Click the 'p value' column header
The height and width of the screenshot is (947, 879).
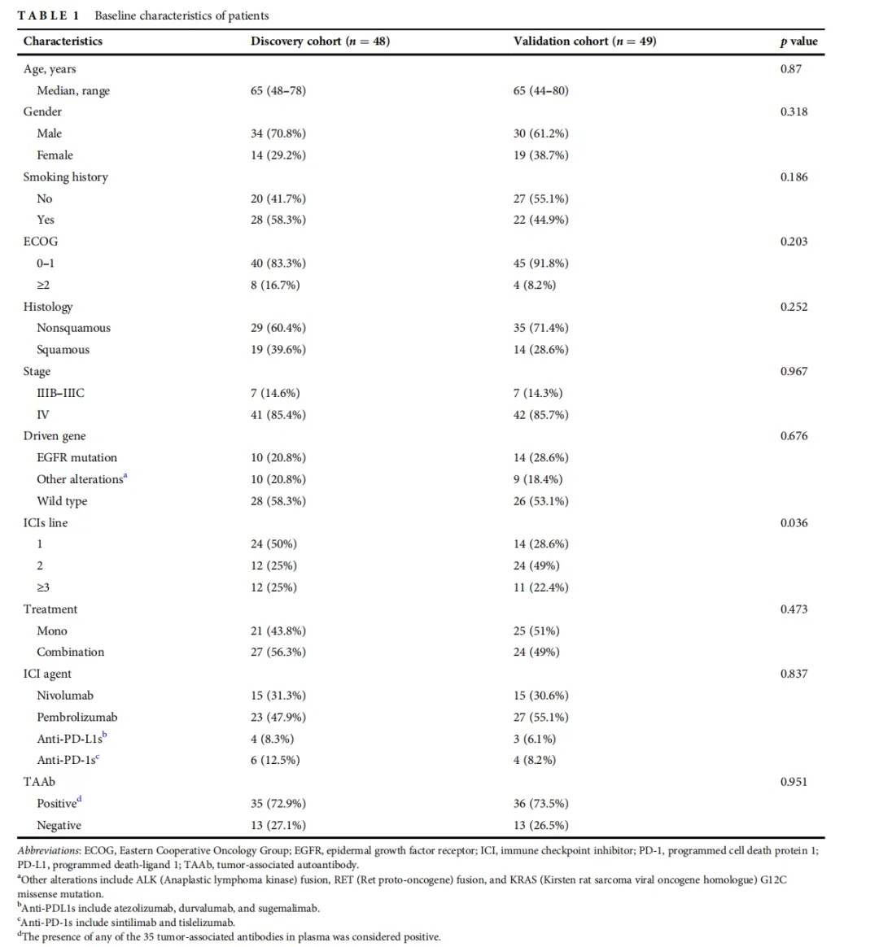pos(798,41)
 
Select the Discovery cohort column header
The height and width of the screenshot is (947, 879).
pos(320,41)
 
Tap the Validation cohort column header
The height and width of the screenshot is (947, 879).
pos(585,41)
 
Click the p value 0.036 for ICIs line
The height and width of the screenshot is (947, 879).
pos(794,523)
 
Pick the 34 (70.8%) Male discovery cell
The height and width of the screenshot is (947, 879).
pos(278,133)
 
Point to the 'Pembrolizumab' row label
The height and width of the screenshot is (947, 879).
pos(77,718)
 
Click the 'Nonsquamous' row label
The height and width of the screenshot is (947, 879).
pos(74,328)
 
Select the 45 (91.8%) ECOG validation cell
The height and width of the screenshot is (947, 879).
pos(541,264)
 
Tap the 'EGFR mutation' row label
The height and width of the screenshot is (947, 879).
pos(77,458)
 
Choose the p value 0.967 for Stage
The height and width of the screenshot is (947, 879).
pos(794,372)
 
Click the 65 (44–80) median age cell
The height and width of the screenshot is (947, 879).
pos(541,90)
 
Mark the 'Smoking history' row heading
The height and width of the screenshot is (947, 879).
pos(66,177)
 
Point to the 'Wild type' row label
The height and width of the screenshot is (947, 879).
pos(62,501)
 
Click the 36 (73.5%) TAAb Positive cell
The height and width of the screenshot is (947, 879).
pos(541,804)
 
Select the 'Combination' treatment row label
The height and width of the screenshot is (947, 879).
pos(70,652)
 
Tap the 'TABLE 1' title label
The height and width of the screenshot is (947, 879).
pos(48,15)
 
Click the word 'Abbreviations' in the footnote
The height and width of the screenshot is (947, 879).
pos(49,851)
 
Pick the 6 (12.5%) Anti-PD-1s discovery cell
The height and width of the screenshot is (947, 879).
pos(275,761)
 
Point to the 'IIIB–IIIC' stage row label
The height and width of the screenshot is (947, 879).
pos(60,393)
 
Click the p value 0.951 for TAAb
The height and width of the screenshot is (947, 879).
pos(794,782)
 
